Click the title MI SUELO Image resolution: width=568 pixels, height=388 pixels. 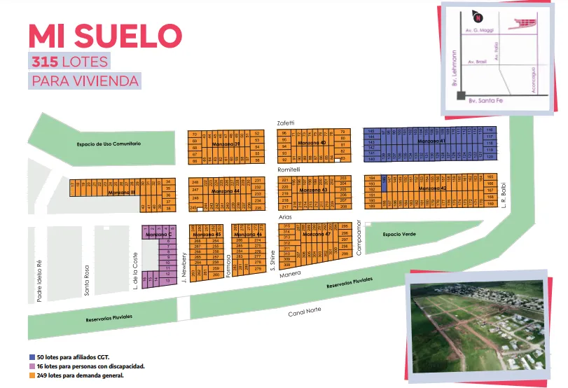105,36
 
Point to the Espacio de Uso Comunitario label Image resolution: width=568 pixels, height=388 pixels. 109,144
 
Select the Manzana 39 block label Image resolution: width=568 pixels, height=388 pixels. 227,144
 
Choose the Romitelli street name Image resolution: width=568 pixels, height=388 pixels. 289,169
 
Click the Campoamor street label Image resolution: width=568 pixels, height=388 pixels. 358,239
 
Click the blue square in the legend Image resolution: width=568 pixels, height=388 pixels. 32,357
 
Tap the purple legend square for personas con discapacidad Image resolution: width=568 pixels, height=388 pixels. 32,366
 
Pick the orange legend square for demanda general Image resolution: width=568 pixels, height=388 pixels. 32,375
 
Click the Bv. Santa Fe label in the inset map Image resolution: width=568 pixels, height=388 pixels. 486,101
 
